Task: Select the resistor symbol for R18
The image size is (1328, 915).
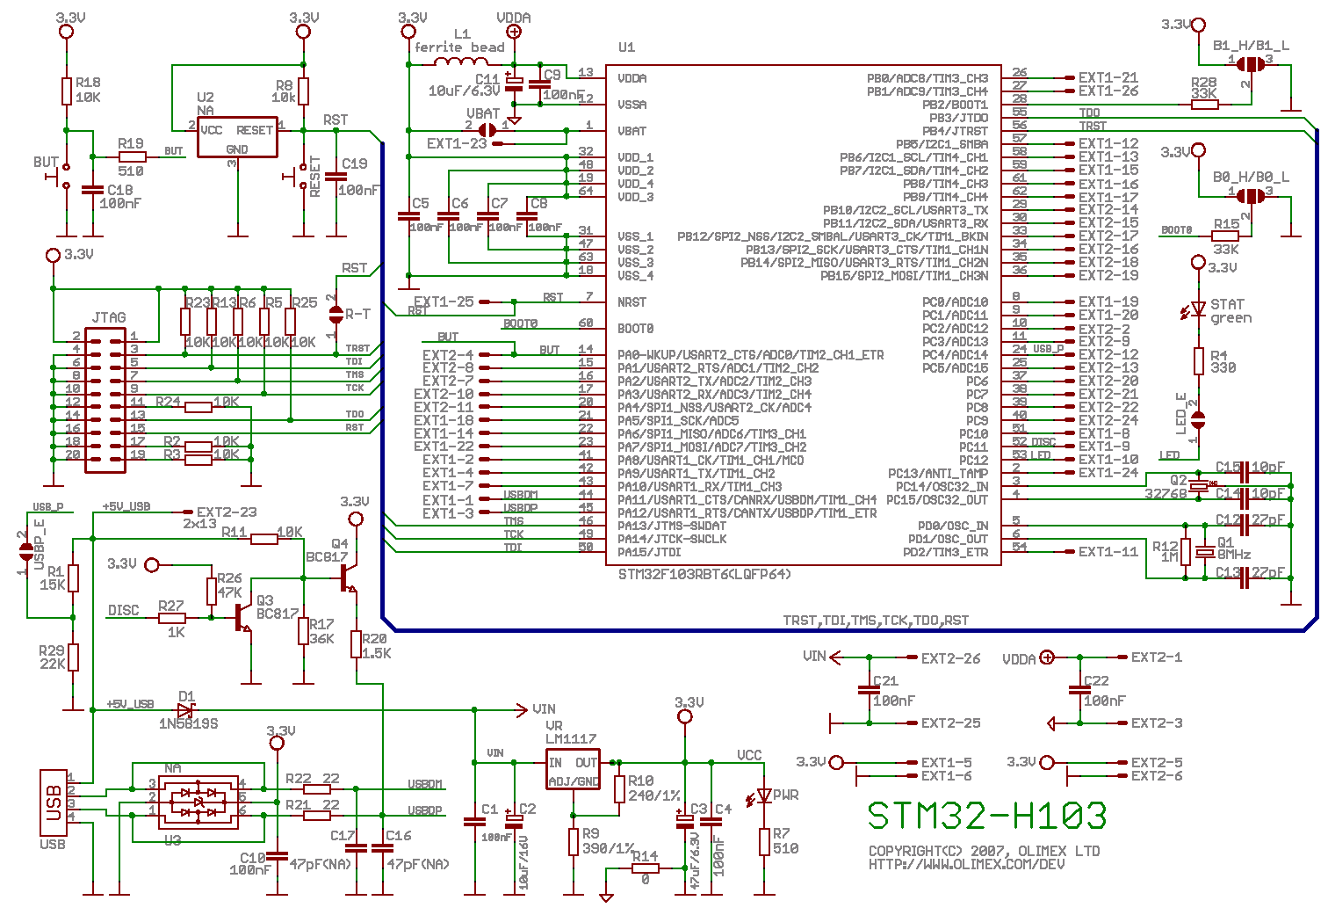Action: pos(66,91)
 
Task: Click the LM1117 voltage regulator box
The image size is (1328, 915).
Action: pos(573,770)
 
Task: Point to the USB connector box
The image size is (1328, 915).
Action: pos(53,802)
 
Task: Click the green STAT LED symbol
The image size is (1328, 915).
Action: pos(1198,309)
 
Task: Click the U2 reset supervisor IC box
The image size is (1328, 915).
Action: pos(237,137)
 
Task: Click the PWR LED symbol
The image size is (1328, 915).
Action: pos(764,795)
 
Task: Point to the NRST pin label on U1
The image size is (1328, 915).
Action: pos(632,302)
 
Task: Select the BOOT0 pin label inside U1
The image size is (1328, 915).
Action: pos(635,329)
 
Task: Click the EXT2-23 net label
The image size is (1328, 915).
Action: pos(227,512)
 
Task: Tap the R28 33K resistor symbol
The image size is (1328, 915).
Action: pos(1204,105)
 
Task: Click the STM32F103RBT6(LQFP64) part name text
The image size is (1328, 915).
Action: pos(704,574)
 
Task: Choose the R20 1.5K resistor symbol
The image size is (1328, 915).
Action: pos(356,644)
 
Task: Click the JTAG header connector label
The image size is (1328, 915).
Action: pos(109,317)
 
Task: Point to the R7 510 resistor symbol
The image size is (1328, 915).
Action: pos(764,841)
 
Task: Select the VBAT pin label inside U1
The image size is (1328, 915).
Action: pos(632,131)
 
